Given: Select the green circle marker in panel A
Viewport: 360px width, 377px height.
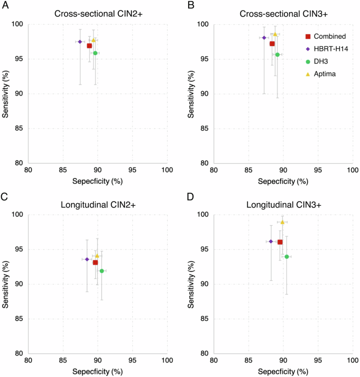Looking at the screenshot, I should tap(95, 53).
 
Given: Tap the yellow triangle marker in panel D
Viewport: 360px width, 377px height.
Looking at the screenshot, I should tap(282, 222).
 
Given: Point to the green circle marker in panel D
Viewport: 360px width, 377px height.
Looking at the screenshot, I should tap(286, 257).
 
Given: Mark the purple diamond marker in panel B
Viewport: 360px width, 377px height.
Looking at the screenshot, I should tap(264, 38).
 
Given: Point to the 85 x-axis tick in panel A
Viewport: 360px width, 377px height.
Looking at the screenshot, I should tap(63, 170).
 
